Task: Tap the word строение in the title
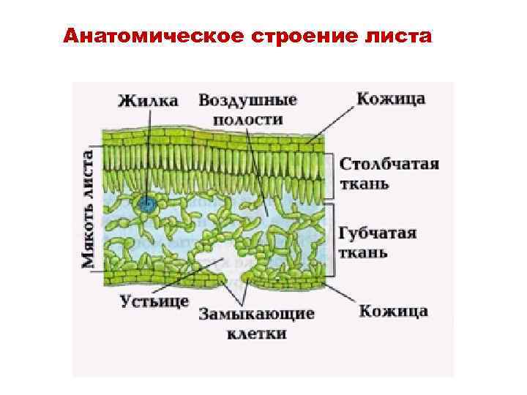(297, 37)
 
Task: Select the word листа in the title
(393, 37)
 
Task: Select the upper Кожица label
(391, 99)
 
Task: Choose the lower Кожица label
(393, 311)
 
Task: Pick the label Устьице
(155, 301)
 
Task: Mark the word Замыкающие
(256, 314)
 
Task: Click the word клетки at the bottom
(256, 334)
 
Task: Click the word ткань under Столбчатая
(365, 183)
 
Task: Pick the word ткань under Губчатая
(364, 253)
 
